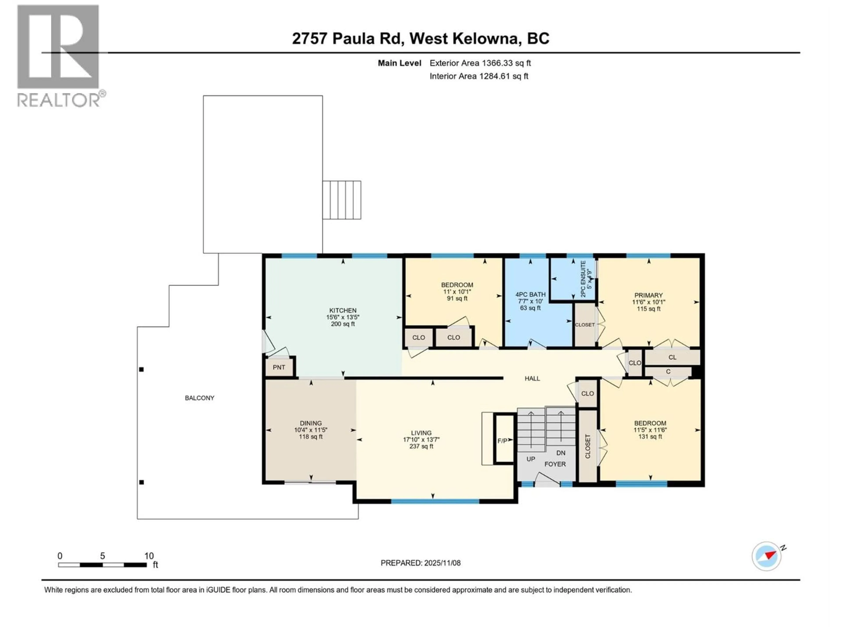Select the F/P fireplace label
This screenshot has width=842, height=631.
(x=503, y=441)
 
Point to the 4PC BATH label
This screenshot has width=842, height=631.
(x=530, y=294)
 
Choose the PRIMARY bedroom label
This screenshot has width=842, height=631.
(x=648, y=295)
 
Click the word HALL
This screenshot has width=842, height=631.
(x=532, y=378)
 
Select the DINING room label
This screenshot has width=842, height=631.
(x=311, y=423)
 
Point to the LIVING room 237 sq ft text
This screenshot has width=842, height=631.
(x=421, y=447)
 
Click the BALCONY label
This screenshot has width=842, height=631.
(x=200, y=398)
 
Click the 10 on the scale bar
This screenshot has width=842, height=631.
(x=149, y=556)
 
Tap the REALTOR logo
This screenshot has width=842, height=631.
(x=59, y=55)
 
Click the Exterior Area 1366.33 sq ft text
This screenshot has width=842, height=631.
(x=480, y=63)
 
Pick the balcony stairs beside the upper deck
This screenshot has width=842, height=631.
(x=341, y=200)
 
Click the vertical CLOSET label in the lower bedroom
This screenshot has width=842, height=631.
(x=587, y=446)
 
